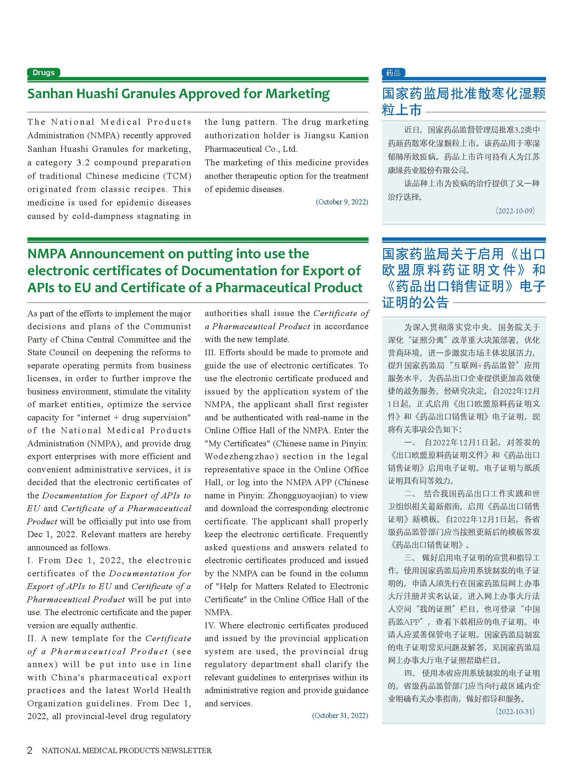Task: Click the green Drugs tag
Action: click(x=43, y=73)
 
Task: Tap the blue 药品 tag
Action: click(x=393, y=73)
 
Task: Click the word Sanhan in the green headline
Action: click(x=50, y=94)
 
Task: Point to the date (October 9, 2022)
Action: click(x=342, y=202)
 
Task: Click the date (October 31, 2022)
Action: click(x=340, y=716)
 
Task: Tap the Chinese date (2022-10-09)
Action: click(x=515, y=211)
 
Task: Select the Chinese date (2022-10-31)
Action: click(x=515, y=711)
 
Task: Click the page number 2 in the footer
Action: click(x=30, y=750)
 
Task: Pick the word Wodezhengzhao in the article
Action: click(x=241, y=456)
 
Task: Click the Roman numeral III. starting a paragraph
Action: click(x=210, y=352)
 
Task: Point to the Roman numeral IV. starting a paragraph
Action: click(x=210, y=625)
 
